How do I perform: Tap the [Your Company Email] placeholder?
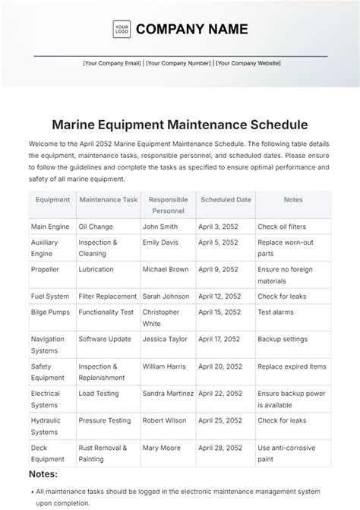click(x=112, y=64)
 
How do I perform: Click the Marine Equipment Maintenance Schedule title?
click(x=180, y=122)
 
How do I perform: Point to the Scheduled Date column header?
click(x=226, y=200)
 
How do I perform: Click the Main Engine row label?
click(x=50, y=226)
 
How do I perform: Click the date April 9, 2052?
click(x=219, y=269)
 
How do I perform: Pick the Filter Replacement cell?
click(x=108, y=296)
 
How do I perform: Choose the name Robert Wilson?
click(x=166, y=420)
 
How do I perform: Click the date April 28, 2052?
click(x=221, y=447)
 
